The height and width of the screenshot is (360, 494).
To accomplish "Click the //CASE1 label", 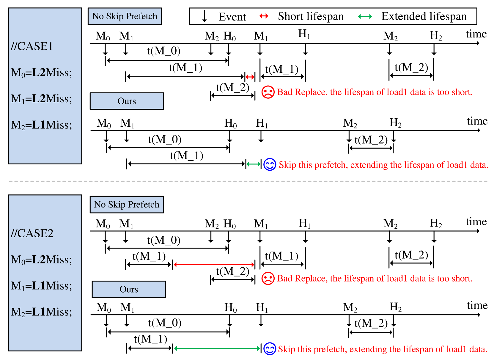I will (x=32, y=46).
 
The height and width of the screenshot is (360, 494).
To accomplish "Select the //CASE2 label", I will (x=32, y=233).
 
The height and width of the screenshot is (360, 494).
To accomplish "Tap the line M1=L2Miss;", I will (x=41, y=99).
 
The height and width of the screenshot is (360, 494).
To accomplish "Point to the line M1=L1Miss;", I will (x=41, y=286).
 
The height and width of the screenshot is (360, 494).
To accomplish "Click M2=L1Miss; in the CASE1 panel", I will (x=41, y=125).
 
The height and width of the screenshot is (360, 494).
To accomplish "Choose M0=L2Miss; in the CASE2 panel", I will (x=41, y=260).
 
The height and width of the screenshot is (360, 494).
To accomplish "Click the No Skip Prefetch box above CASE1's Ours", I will (x=125, y=16).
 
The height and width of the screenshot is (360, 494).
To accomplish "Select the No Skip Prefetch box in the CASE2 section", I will (x=127, y=205).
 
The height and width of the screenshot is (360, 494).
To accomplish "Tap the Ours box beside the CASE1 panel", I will (x=127, y=101).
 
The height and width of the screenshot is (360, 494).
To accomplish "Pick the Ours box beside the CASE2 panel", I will (x=129, y=289).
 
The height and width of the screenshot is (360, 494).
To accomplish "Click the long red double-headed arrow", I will (x=214, y=265).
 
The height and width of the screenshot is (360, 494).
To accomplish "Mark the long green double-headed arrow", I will (x=217, y=348).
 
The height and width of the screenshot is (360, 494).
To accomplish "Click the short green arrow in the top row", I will (x=365, y=17).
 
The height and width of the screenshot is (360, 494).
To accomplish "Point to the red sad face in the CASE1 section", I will (x=268, y=92).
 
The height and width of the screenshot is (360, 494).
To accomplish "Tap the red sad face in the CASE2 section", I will (x=268, y=279).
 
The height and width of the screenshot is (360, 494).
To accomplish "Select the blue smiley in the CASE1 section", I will (x=270, y=165).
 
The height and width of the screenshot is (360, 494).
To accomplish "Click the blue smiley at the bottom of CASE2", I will (x=270, y=349).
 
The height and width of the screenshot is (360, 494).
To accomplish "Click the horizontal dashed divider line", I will (x=248, y=181).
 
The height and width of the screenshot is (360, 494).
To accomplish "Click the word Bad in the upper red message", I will (x=285, y=92).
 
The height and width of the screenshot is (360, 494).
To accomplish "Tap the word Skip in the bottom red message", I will (x=287, y=349).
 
